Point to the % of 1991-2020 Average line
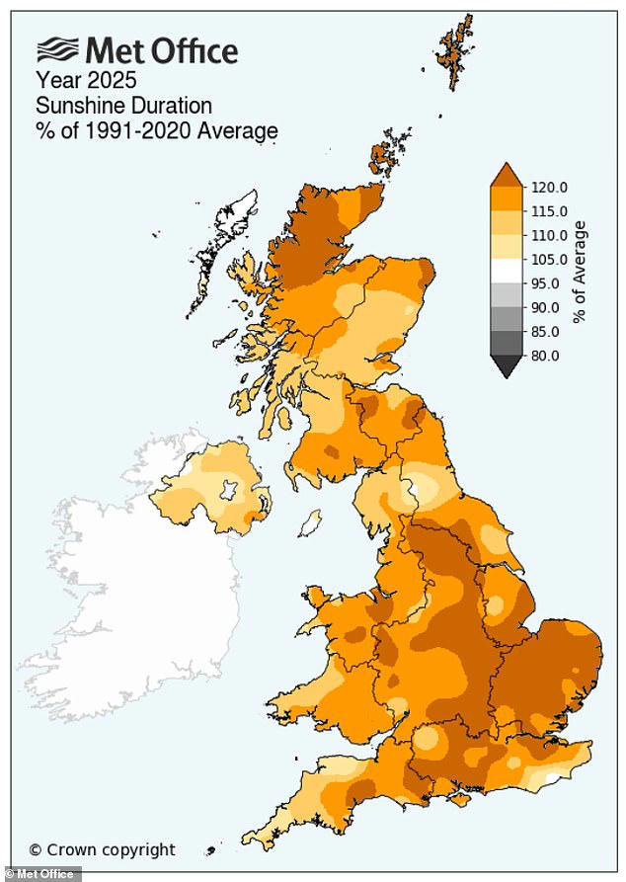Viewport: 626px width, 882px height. coord(157,129)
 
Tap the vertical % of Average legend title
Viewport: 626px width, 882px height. coord(580,271)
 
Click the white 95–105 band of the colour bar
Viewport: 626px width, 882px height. coord(506,272)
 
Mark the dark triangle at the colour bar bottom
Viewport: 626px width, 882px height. coord(506,366)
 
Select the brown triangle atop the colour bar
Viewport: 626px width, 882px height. coord(506,175)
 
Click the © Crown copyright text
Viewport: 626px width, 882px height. coord(102,849)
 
